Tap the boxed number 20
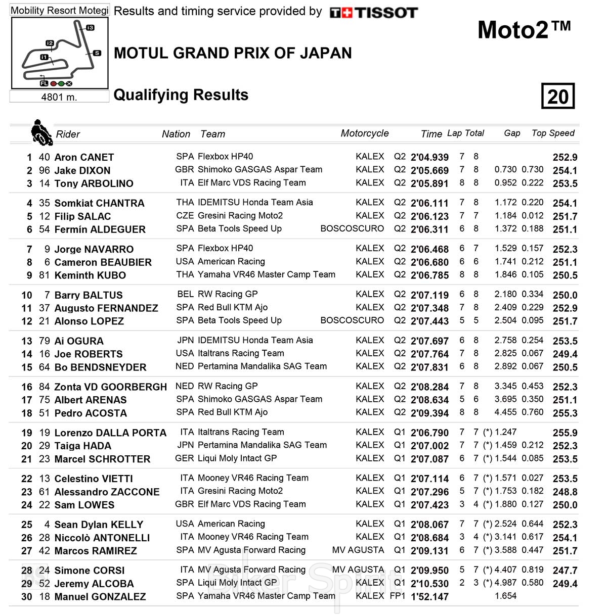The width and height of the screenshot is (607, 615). tap(557, 96)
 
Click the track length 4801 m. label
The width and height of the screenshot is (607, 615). tap(59, 97)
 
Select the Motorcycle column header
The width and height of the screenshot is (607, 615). tap(364, 133)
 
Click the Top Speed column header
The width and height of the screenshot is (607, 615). tap(553, 133)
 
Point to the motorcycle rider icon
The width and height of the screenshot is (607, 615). tap(41, 133)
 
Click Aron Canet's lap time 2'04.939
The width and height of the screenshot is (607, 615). tap(429, 157)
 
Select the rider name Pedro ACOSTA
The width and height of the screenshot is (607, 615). tap(91, 413)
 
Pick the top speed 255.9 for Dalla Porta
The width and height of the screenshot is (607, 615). tap(565, 433)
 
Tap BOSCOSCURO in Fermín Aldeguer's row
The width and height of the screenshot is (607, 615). tap(352, 228)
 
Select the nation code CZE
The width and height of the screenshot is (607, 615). tap(185, 215)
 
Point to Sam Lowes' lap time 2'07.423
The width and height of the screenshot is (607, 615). tap(429, 504)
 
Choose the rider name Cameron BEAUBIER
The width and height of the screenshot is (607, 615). tap(103, 262)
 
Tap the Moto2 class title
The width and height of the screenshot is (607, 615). tap(524, 30)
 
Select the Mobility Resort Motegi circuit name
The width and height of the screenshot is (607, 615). tap(60, 10)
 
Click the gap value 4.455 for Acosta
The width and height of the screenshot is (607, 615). tap(505, 412)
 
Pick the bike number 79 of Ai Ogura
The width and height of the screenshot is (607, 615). tap(45, 341)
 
